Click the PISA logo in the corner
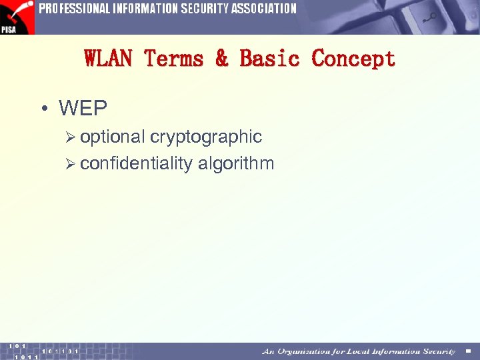[17, 17]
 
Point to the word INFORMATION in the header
[144, 9]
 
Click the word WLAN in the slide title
[109, 59]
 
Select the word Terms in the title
[175, 59]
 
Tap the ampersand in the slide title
[222, 59]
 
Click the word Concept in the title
[353, 59]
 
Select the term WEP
[83, 108]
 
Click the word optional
[112, 137]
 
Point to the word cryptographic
[206, 137]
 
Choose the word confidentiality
[136, 163]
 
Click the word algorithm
[236, 163]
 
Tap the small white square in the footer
[469, 351]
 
